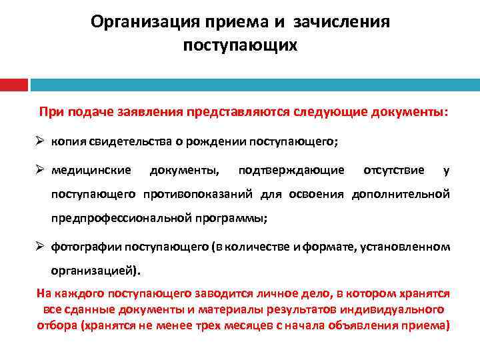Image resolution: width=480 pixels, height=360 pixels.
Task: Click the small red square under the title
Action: [13, 85]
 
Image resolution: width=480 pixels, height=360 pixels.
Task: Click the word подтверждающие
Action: [291, 170]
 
